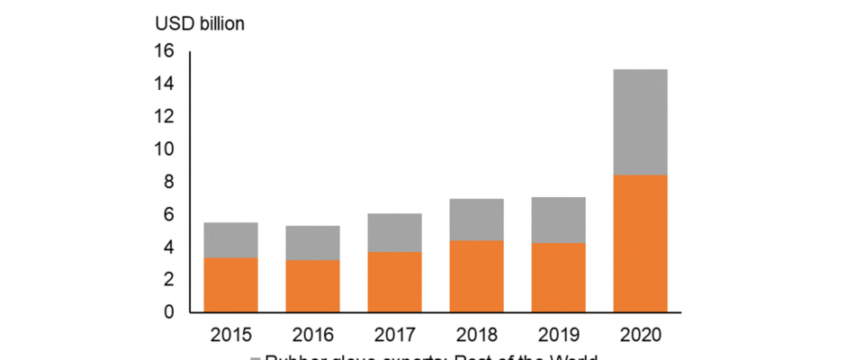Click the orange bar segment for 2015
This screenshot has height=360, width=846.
coord(231,284)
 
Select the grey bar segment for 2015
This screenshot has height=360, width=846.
coord(231,240)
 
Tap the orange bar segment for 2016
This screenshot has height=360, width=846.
coord(313,286)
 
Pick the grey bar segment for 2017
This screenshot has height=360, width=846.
coord(394,232)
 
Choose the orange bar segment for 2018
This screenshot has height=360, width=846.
coord(476,276)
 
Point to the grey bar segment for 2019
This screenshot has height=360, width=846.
coord(558,220)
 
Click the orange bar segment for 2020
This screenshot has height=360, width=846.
coord(640,243)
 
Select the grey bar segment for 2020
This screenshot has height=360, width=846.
coord(640,121)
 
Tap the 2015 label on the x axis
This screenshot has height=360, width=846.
coord(231,335)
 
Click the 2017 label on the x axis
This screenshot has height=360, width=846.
coord(394,335)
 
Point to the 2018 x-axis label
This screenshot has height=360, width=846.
coord(476,335)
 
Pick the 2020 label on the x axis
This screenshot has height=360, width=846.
coord(640,335)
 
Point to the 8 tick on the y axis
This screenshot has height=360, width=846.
coord(168,182)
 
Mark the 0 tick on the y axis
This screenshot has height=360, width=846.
coord(168,312)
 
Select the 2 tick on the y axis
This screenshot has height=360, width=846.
coord(168,280)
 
